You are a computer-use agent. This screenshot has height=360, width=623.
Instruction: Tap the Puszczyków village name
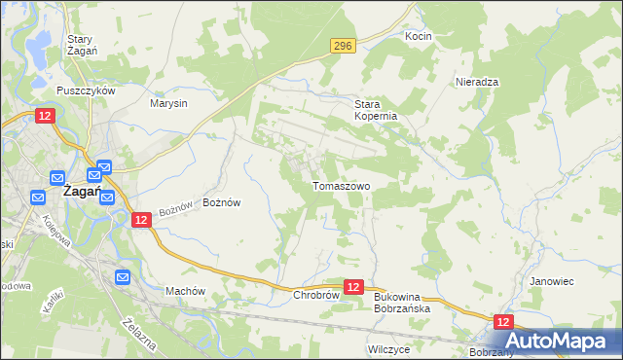coord(86,90)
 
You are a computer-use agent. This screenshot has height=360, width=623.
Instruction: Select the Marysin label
coord(168,102)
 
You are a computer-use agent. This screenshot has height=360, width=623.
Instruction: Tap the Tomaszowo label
coord(341,185)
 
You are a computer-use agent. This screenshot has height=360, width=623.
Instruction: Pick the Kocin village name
coord(419,36)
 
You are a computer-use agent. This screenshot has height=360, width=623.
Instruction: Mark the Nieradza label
coord(477,83)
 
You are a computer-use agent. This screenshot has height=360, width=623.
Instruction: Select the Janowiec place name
coord(551,281)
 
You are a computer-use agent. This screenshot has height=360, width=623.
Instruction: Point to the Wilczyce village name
coord(388,347)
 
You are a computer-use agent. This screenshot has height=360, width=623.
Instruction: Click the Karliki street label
coord(53,300)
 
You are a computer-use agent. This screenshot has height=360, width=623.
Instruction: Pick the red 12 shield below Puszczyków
coord(45,116)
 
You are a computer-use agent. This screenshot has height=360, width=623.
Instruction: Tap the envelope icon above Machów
coord(123,277)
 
